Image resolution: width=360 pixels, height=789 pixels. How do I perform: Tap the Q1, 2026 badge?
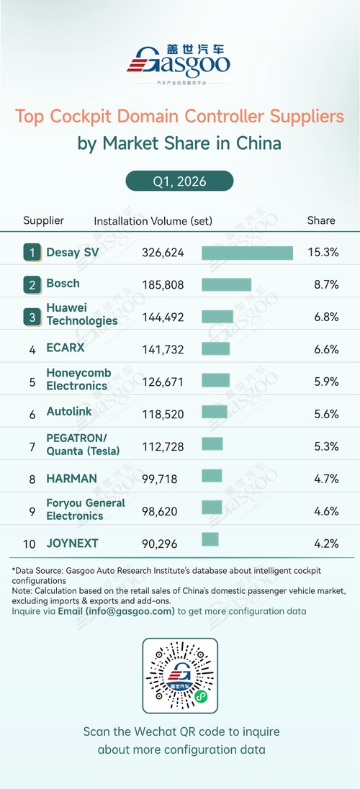(x=180, y=181)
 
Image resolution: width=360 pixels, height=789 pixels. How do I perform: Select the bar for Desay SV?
(x=247, y=253)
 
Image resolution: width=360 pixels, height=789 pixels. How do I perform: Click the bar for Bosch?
(x=227, y=284)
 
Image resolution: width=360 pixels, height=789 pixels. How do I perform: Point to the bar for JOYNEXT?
(x=210, y=539)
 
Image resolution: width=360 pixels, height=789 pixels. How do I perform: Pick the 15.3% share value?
(x=323, y=253)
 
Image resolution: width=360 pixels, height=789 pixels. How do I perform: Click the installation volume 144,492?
(x=163, y=317)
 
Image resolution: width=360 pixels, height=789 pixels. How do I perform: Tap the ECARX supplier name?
(x=66, y=348)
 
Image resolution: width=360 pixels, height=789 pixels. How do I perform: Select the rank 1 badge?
(x=32, y=253)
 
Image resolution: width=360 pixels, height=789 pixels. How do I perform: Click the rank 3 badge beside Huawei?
(x=32, y=317)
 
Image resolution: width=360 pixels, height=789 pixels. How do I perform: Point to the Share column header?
(x=321, y=220)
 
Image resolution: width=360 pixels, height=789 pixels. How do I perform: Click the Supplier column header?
(x=44, y=220)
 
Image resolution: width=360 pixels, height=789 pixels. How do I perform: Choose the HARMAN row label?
(x=71, y=479)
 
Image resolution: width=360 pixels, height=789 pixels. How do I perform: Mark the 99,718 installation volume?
(x=160, y=479)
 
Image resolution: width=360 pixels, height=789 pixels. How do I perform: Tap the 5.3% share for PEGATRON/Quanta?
(x=325, y=447)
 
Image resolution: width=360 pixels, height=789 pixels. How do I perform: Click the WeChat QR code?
(x=180, y=676)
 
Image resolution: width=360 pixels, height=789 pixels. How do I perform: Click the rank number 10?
(x=30, y=544)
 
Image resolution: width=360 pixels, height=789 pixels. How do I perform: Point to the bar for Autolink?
(x=215, y=412)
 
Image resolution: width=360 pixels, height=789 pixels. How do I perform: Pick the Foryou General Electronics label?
(x=86, y=509)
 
